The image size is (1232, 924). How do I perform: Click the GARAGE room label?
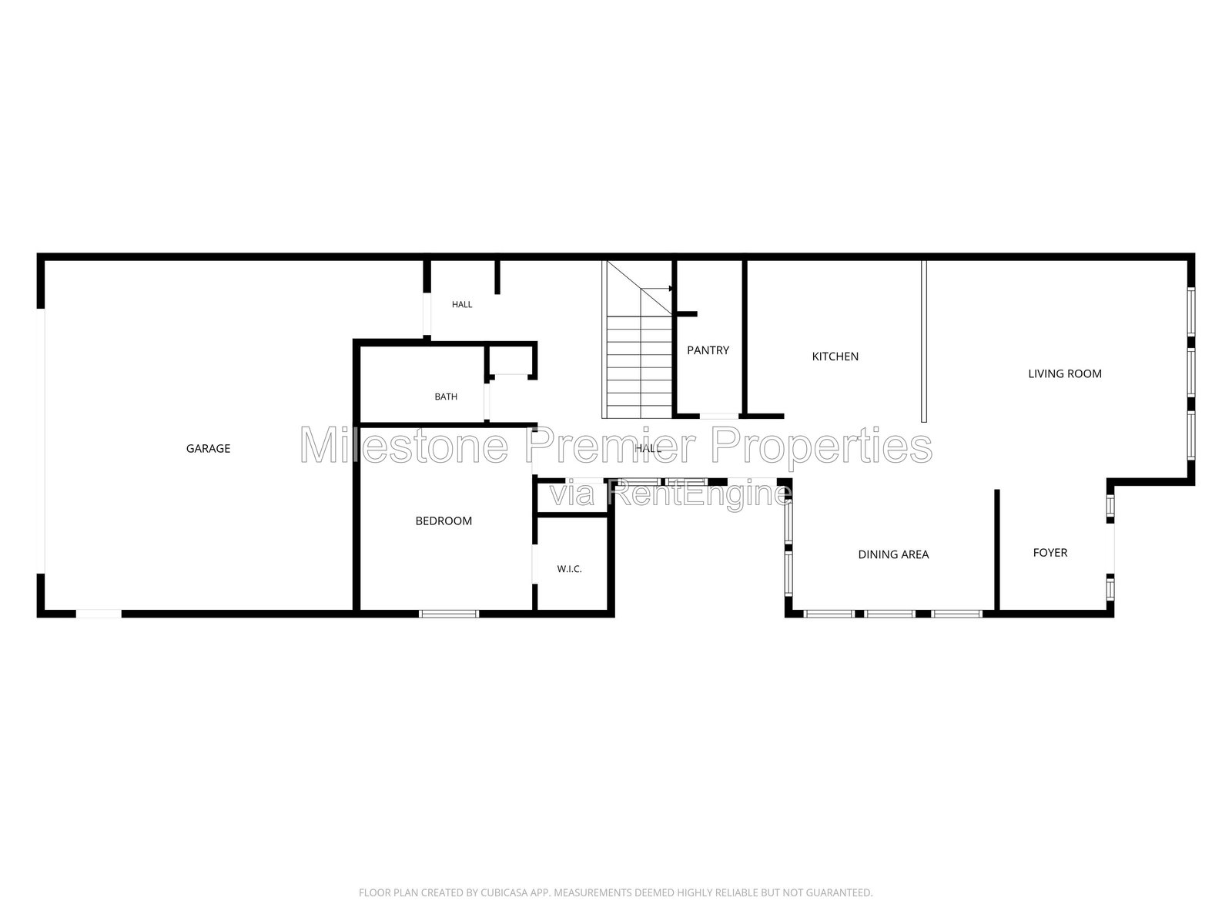(208, 448)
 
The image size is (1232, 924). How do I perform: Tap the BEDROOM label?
(444, 521)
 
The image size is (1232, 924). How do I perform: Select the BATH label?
(446, 397)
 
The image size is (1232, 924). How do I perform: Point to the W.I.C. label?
(569, 569)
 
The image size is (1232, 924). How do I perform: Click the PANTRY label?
(708, 350)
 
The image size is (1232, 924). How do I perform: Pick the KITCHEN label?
(835, 357)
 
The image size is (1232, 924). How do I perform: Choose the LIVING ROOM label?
(1065, 373)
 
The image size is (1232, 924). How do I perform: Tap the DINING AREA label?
(893, 554)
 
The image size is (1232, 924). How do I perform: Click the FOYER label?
(1050, 553)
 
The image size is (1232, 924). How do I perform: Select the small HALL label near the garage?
(462, 305)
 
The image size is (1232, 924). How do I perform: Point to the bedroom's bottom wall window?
(449, 614)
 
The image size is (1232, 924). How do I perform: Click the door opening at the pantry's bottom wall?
(719, 417)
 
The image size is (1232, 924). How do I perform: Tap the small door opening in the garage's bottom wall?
(99, 614)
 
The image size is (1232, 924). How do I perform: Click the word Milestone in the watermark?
(404, 446)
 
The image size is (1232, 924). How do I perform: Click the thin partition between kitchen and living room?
(924, 341)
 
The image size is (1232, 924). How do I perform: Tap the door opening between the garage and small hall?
(427, 313)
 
